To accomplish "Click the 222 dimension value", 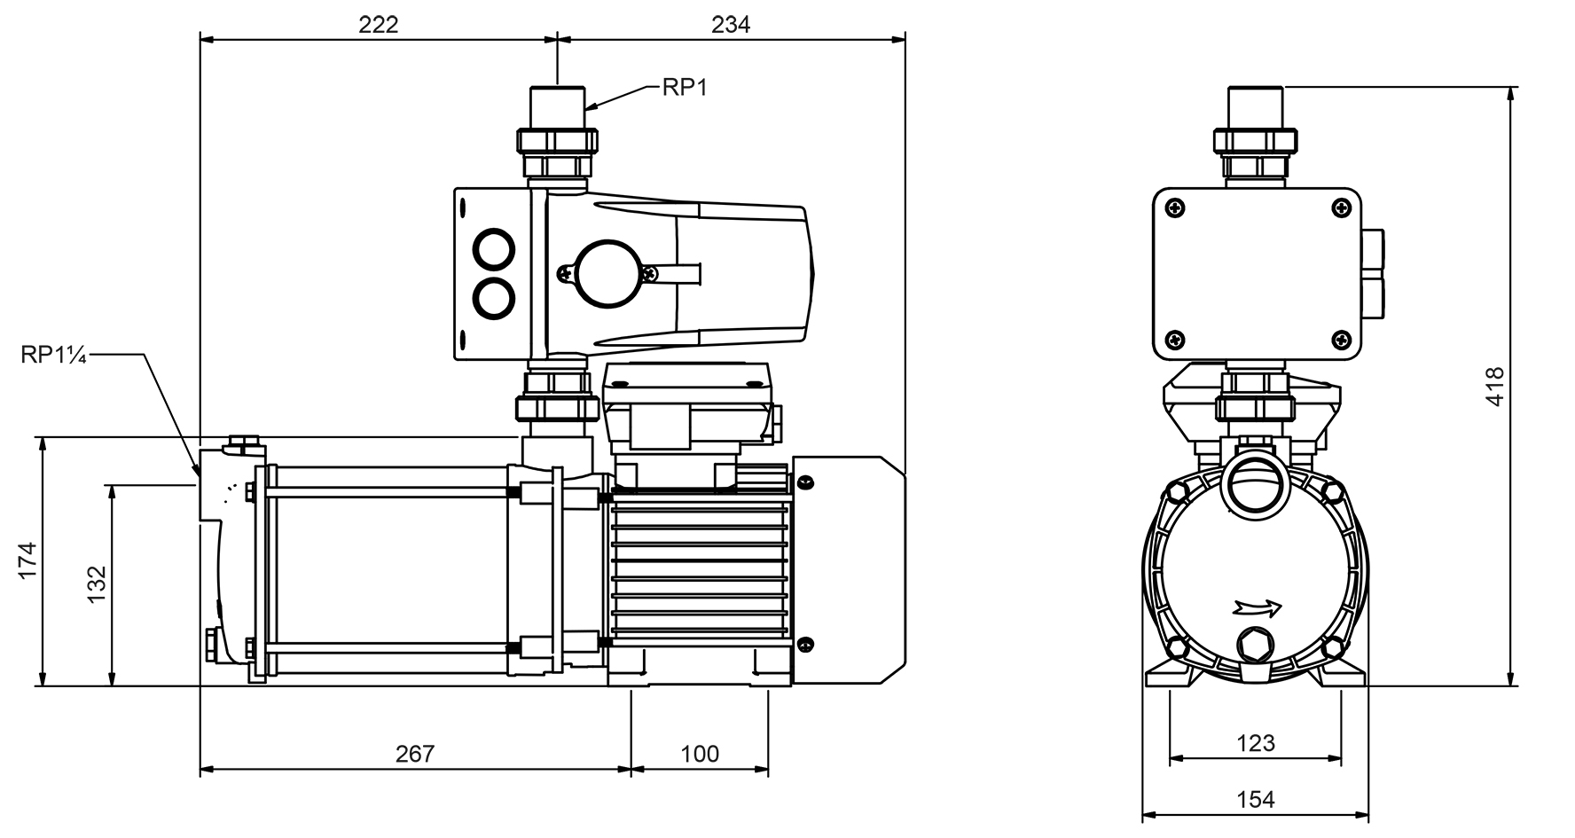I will pos(379,24).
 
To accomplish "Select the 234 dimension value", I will pos(730,24).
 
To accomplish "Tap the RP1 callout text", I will pos(685,88).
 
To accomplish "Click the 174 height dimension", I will pos(27,560).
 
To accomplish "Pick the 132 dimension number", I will pos(97,584).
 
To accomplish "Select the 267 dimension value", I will pos(415,754).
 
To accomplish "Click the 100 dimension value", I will pos(700,754).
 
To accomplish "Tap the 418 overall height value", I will pos(1495,387).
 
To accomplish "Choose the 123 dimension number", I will pos(1256,742).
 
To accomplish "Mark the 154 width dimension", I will pos(1256,799).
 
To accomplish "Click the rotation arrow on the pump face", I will pos(1258,608).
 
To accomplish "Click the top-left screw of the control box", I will pos(1176,208).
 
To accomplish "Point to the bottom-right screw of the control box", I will pos(1341,339).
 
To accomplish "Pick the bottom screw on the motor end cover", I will pos(805,645).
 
